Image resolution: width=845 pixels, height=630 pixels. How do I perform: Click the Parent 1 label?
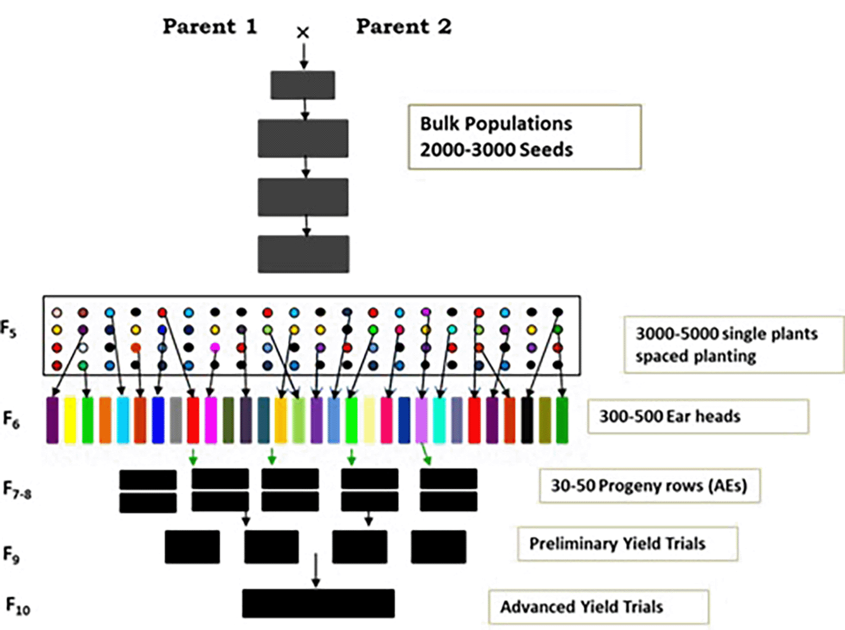click(x=209, y=27)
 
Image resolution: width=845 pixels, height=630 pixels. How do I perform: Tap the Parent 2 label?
click(x=404, y=27)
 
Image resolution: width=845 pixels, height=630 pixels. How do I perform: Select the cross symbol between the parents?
click(x=303, y=33)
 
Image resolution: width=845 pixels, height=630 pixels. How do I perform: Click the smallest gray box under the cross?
click(x=303, y=85)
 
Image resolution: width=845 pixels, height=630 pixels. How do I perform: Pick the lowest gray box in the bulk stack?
click(x=303, y=254)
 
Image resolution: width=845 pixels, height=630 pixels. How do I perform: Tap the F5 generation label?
click(x=8, y=329)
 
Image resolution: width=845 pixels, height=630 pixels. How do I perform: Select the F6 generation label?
click(x=11, y=420)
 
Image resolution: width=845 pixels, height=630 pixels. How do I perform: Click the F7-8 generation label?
click(x=17, y=490)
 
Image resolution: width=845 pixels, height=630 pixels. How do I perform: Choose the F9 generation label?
click(x=11, y=555)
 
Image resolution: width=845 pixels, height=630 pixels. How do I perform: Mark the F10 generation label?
click(x=17, y=606)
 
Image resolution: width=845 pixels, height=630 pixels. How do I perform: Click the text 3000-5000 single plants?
click(x=726, y=334)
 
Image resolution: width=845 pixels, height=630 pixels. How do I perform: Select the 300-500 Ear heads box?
click(x=698, y=416)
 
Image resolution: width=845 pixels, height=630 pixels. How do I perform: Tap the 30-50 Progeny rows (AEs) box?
click(x=649, y=486)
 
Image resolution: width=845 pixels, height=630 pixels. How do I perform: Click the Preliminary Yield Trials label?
click(x=617, y=544)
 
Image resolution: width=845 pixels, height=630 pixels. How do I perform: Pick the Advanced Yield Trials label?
click(x=581, y=607)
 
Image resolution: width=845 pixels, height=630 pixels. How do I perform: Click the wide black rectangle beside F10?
click(x=318, y=603)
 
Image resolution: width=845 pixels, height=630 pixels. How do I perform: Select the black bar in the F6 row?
click(x=527, y=420)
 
